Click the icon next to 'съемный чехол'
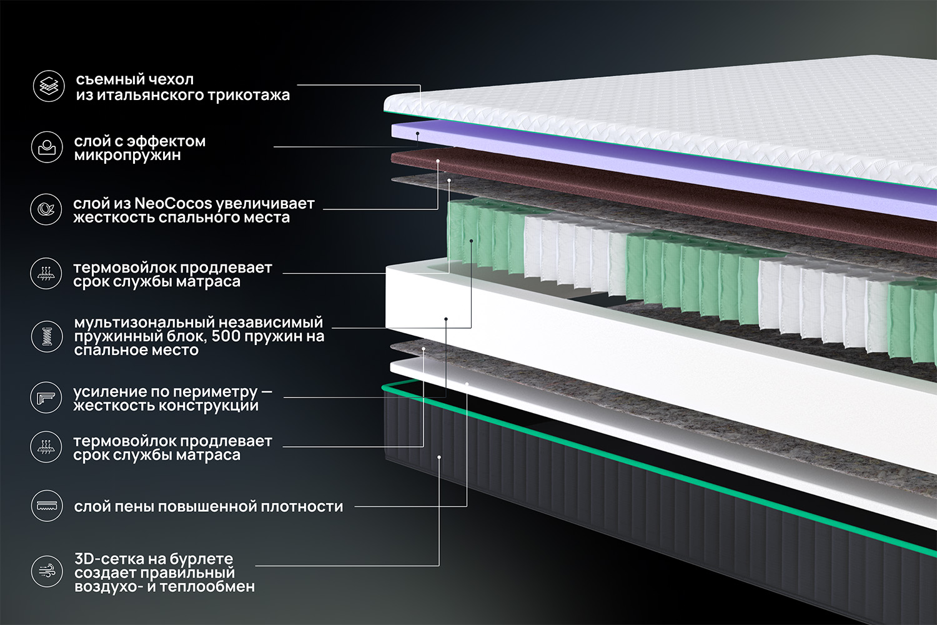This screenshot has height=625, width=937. click(x=49, y=86)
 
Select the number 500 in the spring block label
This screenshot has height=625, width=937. click(x=228, y=336)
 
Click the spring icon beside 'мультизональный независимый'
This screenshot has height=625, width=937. click(x=47, y=336)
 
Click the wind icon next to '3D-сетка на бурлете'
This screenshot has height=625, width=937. click(x=47, y=571)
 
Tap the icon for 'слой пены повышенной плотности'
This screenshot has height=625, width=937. click(x=47, y=506)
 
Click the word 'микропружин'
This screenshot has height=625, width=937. click(x=127, y=155)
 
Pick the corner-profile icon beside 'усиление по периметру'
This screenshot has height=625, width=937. click(x=47, y=397)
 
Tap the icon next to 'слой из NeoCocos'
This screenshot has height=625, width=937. click(x=47, y=209)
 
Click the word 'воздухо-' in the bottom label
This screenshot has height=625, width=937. click(x=108, y=587)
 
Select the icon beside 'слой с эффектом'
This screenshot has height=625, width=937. click(x=47, y=147)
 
